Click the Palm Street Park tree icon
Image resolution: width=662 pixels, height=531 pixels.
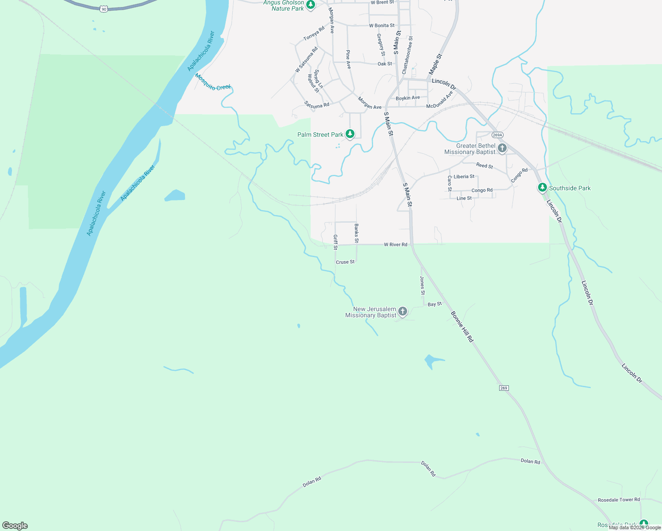[350, 134]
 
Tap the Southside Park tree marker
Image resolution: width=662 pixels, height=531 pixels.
[542, 188]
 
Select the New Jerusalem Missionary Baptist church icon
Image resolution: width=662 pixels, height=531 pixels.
[402, 312]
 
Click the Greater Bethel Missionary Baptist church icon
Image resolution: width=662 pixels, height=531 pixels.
[502, 148]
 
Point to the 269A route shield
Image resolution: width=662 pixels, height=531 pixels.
[497, 135]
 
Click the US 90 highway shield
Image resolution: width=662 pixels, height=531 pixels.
[104, 9]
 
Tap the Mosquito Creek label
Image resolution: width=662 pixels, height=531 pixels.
[213, 82]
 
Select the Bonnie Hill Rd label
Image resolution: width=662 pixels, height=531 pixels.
[462, 326]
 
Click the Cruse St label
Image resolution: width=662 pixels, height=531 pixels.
[345, 262]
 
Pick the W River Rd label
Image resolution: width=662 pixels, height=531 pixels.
[396, 244]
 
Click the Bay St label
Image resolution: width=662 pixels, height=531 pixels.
[435, 304]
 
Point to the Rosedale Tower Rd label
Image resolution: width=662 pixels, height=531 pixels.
[619, 500]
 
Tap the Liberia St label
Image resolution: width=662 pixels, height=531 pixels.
[464, 177]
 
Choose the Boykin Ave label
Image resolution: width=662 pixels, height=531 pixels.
[408, 98]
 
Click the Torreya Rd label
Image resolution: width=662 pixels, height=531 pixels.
[314, 33]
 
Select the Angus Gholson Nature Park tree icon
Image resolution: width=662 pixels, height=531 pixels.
[311, 5]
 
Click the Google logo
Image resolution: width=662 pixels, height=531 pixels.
[15, 525]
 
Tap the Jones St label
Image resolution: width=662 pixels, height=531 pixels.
[422, 285]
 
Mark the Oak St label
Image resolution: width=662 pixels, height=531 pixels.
[385, 64]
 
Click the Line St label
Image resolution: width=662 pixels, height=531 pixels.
[464, 198]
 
